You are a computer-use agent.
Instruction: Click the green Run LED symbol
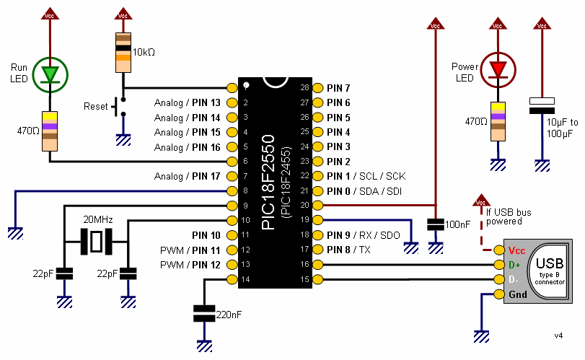pos(50,74)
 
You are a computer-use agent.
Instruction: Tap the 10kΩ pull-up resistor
pos(124,53)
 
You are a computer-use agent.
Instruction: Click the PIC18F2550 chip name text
pos(268,182)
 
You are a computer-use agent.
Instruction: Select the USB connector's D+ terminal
pos(498,265)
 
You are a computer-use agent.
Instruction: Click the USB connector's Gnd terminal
pos(498,294)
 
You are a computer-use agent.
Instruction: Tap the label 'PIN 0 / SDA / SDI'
pos(364,191)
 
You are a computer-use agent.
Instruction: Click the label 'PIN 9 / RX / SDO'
pos(364,235)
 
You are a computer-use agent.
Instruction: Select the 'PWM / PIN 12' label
pos(190,265)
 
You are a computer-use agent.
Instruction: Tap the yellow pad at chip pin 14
pos(232,279)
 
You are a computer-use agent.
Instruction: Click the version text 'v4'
pos(558,335)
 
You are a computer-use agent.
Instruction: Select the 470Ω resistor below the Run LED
pos(50,131)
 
